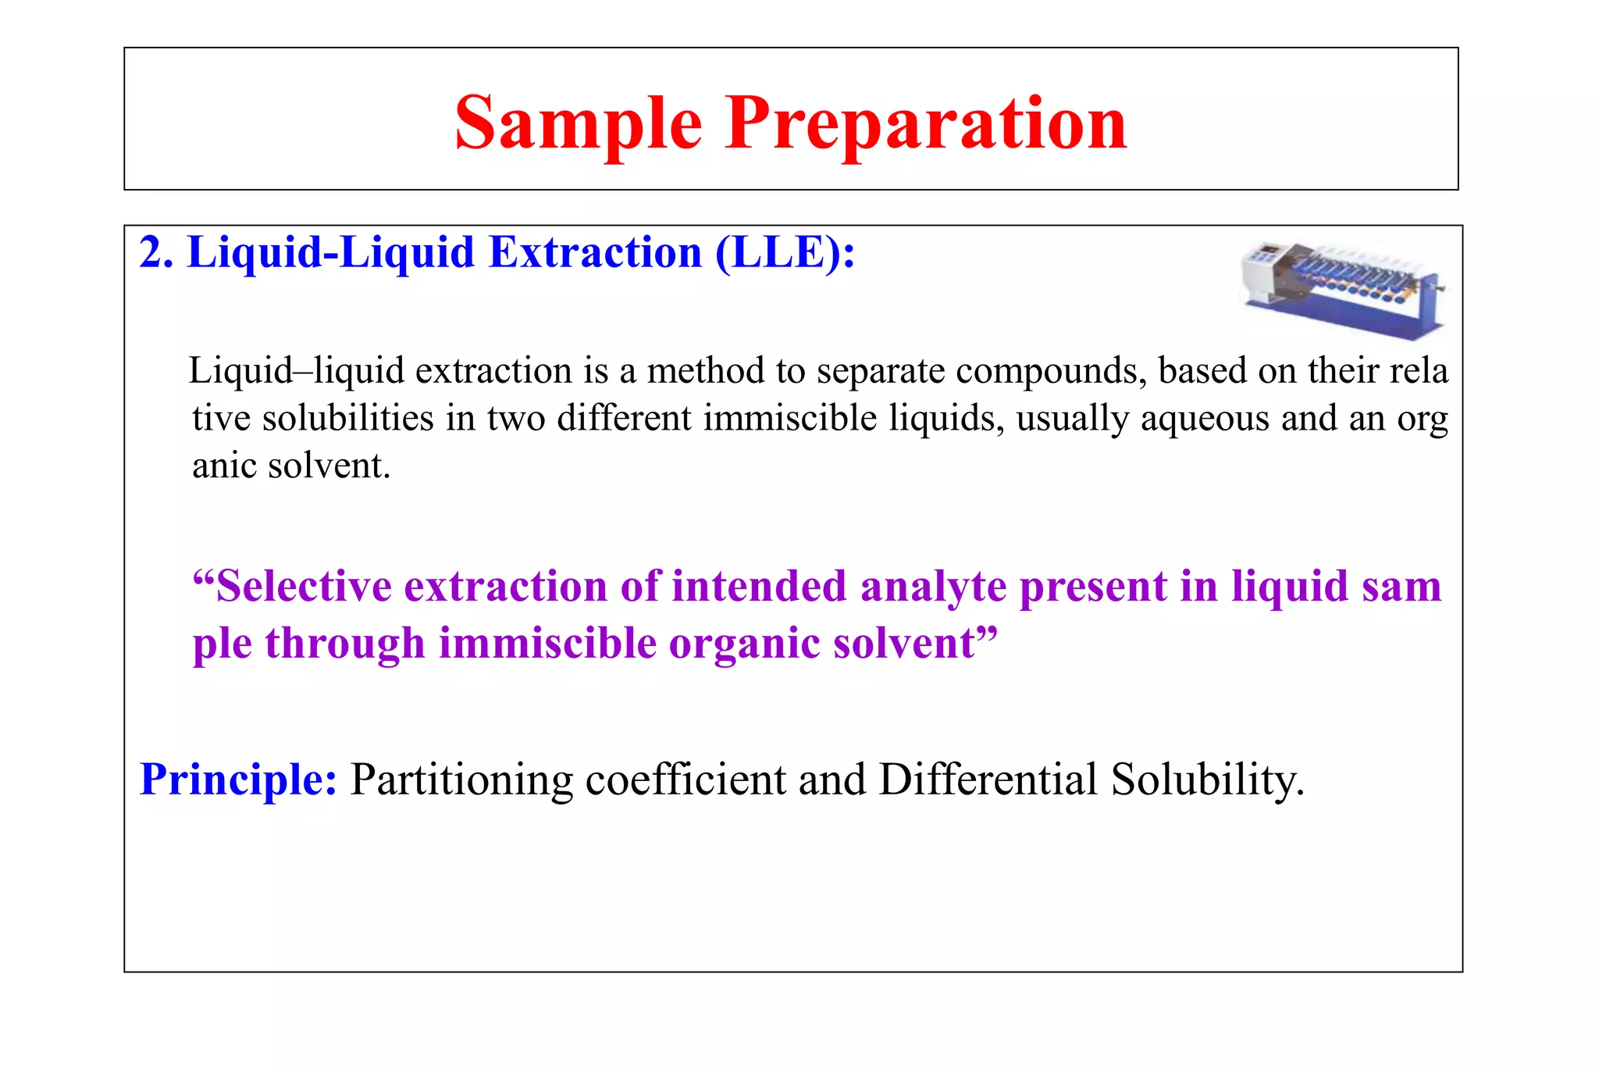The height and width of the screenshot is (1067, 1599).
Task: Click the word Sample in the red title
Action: tap(578, 123)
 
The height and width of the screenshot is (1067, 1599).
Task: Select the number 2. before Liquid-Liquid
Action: tap(156, 253)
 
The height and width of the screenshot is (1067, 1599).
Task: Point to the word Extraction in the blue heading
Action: tap(595, 253)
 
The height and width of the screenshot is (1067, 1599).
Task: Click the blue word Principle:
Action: tap(238, 780)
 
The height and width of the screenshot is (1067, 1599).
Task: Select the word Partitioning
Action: tap(461, 780)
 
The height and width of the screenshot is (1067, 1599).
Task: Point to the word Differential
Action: tap(988, 780)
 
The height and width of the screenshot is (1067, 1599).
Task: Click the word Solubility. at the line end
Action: tap(1207, 780)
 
